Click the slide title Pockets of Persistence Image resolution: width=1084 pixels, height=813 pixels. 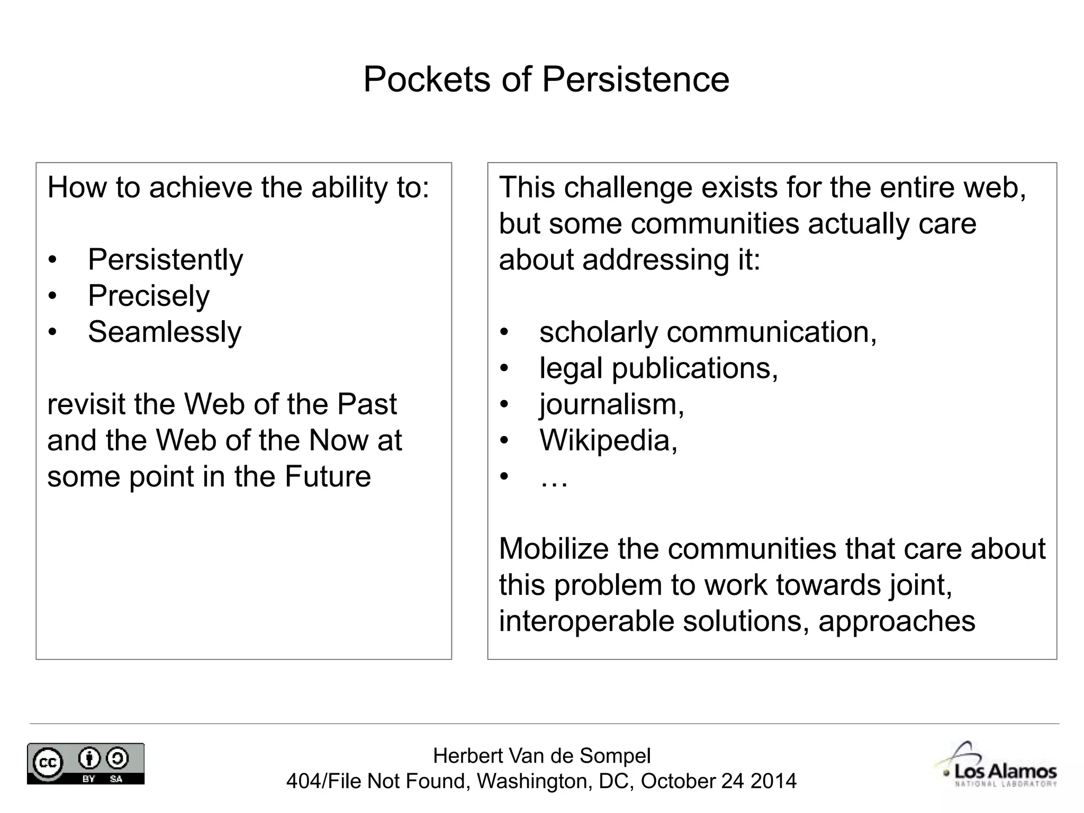[546, 79]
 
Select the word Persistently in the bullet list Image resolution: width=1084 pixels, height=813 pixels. [165, 260]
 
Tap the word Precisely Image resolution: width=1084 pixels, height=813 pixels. [149, 296]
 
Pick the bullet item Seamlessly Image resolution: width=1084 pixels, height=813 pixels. [165, 332]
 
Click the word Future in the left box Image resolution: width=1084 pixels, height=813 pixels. [328, 476]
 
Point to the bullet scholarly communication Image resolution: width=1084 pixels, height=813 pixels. [708, 332]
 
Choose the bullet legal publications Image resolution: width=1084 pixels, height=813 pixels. [658, 368]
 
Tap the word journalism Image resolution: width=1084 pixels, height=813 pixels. [611, 404]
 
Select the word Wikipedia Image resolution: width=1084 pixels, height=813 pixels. [608, 440]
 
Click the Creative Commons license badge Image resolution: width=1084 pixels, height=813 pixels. [86, 763]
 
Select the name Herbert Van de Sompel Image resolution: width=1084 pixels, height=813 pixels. [541, 756]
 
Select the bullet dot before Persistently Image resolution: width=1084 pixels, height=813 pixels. [52, 260]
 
